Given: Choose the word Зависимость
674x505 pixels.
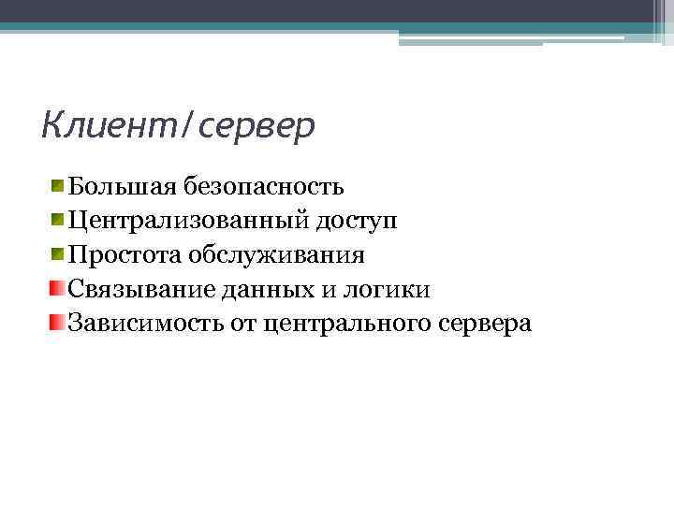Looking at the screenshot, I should point(149,325).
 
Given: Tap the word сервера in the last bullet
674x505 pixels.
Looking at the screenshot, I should point(484,325).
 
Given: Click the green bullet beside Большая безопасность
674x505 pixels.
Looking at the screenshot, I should point(58,185).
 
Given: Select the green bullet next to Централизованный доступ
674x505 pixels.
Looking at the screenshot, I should point(58,220).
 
